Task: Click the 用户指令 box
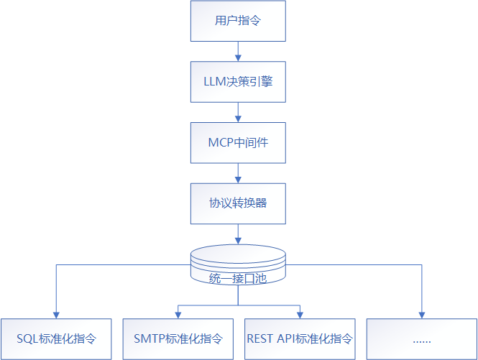[x=238, y=21]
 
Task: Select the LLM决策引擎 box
[x=238, y=81]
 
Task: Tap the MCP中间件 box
[x=238, y=142]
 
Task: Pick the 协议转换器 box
[x=238, y=203]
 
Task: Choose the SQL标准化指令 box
[x=56, y=338]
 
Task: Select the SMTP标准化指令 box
[x=178, y=338]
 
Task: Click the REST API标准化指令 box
[x=300, y=338]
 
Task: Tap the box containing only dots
[x=421, y=338]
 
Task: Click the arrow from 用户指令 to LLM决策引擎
[x=238, y=51]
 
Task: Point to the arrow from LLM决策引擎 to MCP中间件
[x=238, y=111]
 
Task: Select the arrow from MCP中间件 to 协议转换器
[x=238, y=172]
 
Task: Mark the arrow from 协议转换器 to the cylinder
[x=238, y=234]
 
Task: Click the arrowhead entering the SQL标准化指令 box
[x=56, y=314]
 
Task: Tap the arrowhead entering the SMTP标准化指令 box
[x=178, y=314]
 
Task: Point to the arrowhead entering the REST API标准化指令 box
[x=300, y=314]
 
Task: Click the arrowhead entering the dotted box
[x=421, y=314]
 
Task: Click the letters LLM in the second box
[x=216, y=81]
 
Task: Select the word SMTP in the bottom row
[x=149, y=338]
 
